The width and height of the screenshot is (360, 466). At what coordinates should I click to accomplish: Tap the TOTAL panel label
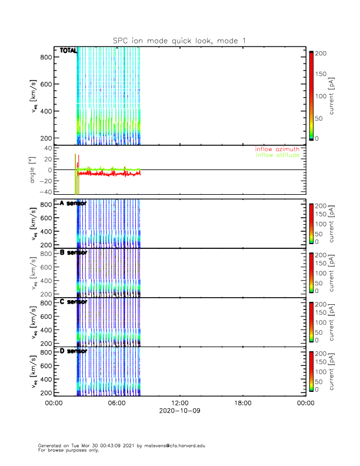(68, 51)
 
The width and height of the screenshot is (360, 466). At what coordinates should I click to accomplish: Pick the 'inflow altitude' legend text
(277, 155)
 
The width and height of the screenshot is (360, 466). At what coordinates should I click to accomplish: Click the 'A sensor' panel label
(74, 203)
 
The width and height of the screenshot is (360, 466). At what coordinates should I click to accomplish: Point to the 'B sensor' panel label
(74, 252)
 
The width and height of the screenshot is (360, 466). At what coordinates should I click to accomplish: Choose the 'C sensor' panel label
(74, 302)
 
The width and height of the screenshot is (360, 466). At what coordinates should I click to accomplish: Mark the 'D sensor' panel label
(74, 351)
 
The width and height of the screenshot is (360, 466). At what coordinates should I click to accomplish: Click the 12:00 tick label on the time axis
(179, 404)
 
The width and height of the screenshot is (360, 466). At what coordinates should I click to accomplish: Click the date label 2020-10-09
(179, 411)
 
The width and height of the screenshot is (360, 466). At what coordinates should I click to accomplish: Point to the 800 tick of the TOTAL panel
(46, 57)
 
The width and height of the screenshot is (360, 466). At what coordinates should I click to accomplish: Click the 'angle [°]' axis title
(34, 170)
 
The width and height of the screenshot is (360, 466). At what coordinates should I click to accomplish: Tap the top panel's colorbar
(311, 95)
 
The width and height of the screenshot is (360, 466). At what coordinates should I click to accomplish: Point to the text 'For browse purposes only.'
(65, 450)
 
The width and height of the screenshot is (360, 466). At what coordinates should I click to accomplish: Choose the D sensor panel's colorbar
(311, 371)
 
